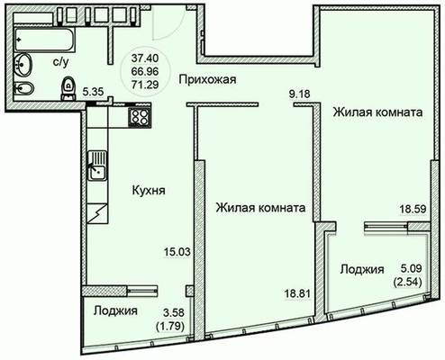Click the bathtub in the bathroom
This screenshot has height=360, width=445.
click(x=44, y=40)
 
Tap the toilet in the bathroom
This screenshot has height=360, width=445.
click(x=68, y=88)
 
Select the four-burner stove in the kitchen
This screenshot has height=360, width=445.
click(x=140, y=116)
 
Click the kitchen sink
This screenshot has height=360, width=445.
click(x=97, y=166)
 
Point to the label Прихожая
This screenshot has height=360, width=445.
click(x=207, y=79)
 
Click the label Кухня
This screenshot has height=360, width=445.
click(x=149, y=190)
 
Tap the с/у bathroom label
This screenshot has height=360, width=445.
click(x=61, y=62)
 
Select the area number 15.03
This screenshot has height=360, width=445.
click(x=177, y=252)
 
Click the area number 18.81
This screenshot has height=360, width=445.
click(x=297, y=293)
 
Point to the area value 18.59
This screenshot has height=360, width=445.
click(x=413, y=209)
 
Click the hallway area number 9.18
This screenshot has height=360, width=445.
click(x=299, y=94)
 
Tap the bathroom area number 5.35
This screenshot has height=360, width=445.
click(x=93, y=92)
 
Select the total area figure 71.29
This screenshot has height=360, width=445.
click(x=145, y=85)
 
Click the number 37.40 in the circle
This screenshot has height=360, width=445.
click(x=145, y=58)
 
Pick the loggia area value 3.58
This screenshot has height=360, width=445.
click(x=174, y=312)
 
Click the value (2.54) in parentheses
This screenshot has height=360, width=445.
click(x=407, y=282)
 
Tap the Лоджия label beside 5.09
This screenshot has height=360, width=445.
click(x=362, y=269)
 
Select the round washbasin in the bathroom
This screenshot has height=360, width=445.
click(x=23, y=65)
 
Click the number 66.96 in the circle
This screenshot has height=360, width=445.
click(x=145, y=71)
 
